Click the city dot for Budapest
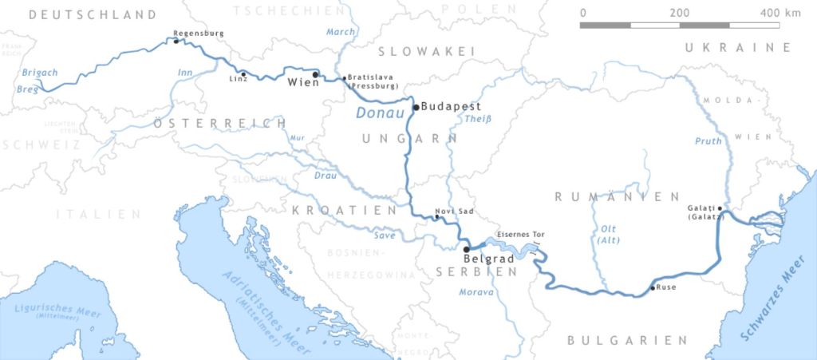coord(416,107)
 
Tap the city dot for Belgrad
coord(467,249)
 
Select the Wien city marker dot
coord(316,75)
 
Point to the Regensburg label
coord(199,33)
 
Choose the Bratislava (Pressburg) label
coord(370,81)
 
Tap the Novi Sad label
coord(449,212)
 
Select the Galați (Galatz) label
coord(705,212)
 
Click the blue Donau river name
coord(374,114)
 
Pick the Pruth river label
coord(708,140)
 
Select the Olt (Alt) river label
coord(608,234)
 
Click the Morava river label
coord(476,292)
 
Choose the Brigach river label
coord(40,73)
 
